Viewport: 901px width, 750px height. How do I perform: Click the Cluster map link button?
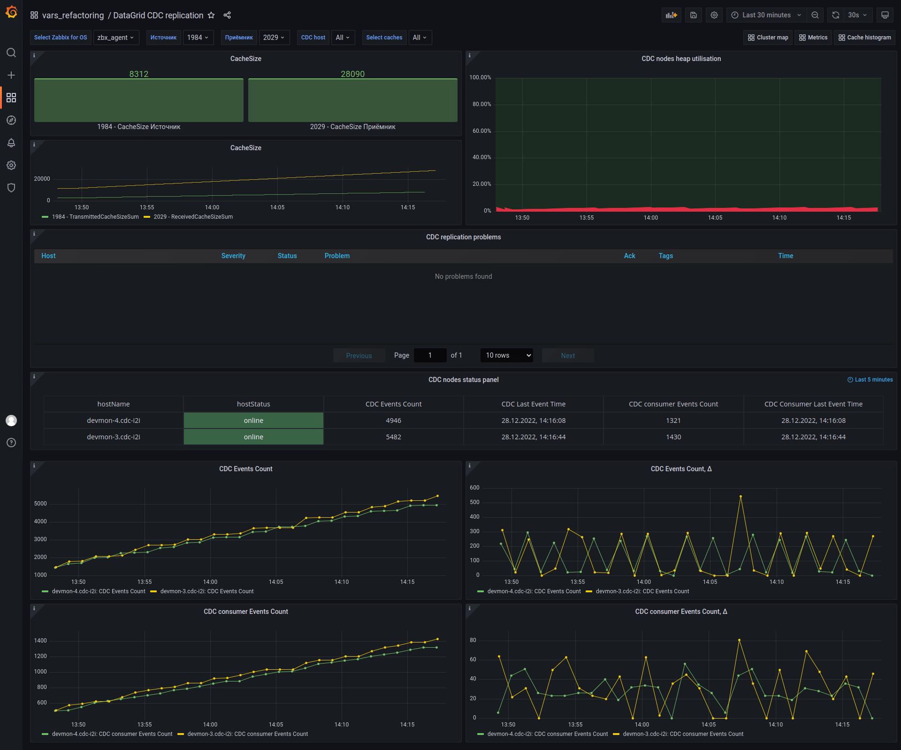[768, 38]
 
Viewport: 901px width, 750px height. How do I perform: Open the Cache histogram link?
[864, 38]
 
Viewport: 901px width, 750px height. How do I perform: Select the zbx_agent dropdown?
[116, 38]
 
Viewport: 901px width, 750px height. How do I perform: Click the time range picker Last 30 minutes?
[766, 15]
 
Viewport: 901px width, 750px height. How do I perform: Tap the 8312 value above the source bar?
[139, 74]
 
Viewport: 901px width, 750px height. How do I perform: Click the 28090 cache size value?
[353, 74]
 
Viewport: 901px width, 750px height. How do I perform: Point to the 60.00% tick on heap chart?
[481, 131]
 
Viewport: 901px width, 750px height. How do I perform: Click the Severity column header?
[233, 256]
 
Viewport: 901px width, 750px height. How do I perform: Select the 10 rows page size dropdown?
[507, 355]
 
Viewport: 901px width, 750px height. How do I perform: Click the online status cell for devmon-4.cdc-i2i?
[253, 421]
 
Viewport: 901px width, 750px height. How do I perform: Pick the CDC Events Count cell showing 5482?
[394, 437]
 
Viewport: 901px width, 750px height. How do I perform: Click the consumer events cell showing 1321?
[673, 421]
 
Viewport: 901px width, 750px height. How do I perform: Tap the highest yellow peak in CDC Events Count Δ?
[741, 497]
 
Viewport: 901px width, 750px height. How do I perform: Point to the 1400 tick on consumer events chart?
[40, 641]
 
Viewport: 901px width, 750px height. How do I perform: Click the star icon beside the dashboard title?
[211, 15]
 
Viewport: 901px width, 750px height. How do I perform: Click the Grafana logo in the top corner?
[11, 12]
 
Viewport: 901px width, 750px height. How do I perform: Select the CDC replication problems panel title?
[464, 237]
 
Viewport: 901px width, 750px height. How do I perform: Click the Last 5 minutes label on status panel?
[870, 380]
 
